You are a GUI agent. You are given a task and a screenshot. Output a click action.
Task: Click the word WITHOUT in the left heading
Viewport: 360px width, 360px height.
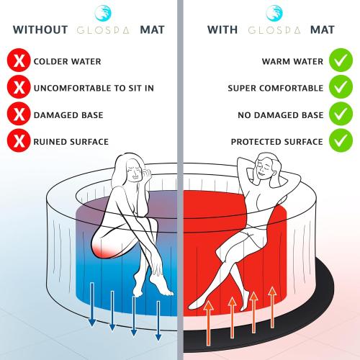click(40, 30)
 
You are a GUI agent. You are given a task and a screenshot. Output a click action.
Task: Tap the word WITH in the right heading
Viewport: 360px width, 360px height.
click(222, 30)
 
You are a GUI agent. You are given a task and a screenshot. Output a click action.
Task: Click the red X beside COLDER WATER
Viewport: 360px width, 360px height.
click(19, 60)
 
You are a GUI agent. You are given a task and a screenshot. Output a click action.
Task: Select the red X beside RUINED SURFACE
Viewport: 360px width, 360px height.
click(19, 140)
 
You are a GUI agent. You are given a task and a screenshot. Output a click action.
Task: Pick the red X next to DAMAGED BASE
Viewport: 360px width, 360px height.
click(19, 114)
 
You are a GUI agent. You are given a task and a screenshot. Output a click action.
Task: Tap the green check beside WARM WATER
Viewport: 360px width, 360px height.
click(341, 60)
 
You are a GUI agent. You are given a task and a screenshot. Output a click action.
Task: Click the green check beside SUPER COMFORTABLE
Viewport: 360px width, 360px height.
click(341, 87)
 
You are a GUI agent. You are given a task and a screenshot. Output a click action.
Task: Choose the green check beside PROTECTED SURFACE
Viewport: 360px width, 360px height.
click(341, 140)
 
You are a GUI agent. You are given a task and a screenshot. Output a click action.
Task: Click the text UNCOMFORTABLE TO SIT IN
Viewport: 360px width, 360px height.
click(94, 88)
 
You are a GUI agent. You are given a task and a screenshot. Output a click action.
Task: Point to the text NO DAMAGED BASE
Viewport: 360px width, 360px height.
click(281, 115)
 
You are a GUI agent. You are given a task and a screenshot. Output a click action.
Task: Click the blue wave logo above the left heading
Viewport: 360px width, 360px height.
click(103, 13)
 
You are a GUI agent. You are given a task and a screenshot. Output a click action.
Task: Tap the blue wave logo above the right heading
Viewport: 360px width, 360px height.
click(274, 13)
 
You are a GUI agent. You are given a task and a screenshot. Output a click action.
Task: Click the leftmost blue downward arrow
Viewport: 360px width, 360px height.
click(92, 305)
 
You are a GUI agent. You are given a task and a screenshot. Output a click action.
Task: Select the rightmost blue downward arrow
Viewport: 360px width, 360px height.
click(158, 320)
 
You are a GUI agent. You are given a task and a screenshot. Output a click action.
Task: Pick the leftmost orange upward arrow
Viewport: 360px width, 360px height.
click(208, 323)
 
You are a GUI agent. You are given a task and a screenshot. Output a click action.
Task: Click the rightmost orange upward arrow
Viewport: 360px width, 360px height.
click(272, 307)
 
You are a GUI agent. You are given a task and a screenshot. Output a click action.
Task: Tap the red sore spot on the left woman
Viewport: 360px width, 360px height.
click(103, 251)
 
